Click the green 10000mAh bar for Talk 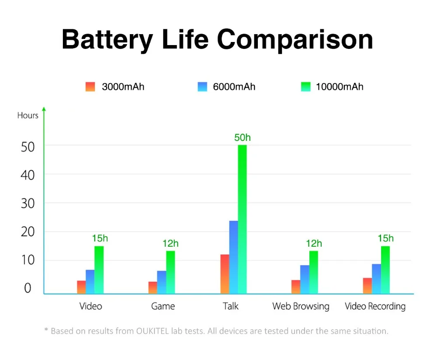coord(242,219)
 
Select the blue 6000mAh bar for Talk coord(233,257)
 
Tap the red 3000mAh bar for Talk coord(225,274)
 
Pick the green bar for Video coord(99,270)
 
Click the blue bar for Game coord(162,282)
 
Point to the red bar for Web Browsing coord(296,287)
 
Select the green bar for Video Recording coord(385,270)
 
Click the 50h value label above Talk coord(243,137)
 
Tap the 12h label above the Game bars coord(170,243)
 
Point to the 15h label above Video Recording coord(386,238)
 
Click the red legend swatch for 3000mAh coord(90,87)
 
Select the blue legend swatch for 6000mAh coord(202,87)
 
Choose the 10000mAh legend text coord(340,87)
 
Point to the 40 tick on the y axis coord(28,175)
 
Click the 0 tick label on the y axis coord(28,288)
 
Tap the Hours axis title coord(28,115)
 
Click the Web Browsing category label coord(301,307)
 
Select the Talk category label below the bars coord(230,306)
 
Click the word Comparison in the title coord(295,40)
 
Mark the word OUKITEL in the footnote coord(153,331)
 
